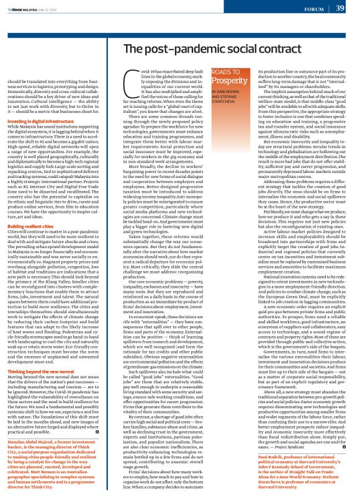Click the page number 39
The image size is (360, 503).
click(x=340, y=8)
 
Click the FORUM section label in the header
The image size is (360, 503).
click(x=313, y=9)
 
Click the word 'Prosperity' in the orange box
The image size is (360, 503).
click(x=229, y=98)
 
